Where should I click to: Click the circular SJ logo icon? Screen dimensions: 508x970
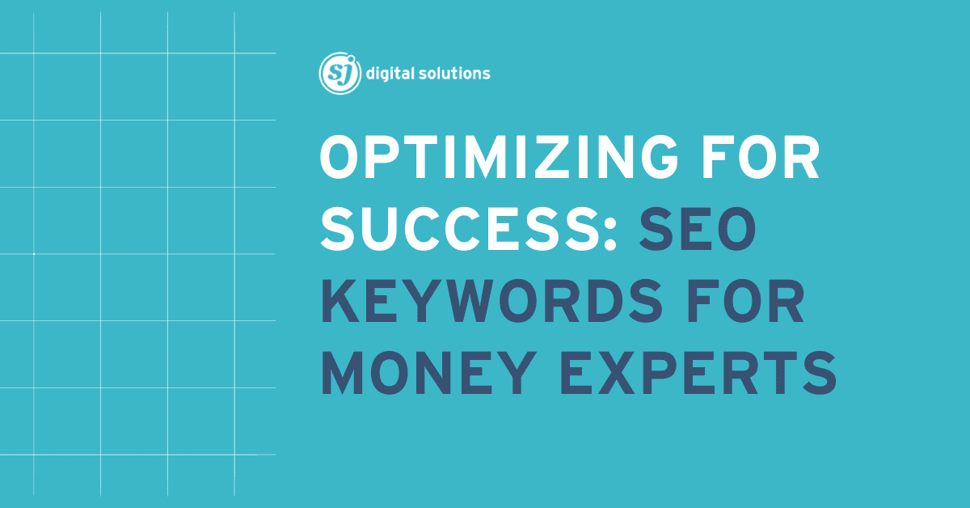[339, 74]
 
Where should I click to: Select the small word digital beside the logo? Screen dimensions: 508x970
[390, 74]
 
